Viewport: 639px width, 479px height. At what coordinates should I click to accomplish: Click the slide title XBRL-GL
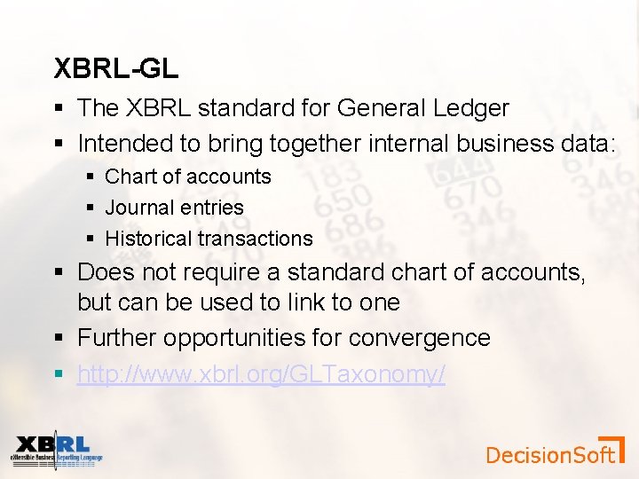point(116,67)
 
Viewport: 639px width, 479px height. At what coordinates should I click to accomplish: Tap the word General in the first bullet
point(381,108)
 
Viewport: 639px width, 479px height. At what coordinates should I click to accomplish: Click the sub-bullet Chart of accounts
point(187,177)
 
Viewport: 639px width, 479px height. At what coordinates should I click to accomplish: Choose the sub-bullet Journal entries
point(174,208)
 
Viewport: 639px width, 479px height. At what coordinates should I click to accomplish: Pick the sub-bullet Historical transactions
point(209,239)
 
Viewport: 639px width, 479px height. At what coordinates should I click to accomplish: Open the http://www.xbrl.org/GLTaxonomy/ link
point(261,374)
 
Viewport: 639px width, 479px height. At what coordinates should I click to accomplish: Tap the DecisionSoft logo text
point(550,455)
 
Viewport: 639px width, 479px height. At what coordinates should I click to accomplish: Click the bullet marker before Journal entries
point(91,208)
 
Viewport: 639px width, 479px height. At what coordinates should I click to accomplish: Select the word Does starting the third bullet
point(102,271)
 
